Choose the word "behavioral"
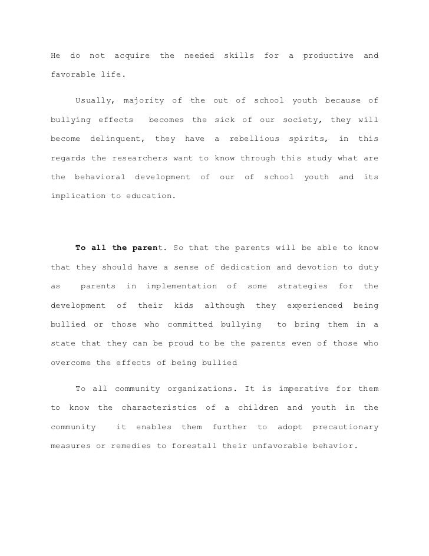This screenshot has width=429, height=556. (100, 177)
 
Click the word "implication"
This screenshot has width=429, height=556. (78, 196)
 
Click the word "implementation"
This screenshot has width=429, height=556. (181, 286)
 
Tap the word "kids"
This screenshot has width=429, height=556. (183, 305)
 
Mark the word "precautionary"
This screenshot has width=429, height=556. (345, 427)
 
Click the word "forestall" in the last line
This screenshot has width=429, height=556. (194, 446)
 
